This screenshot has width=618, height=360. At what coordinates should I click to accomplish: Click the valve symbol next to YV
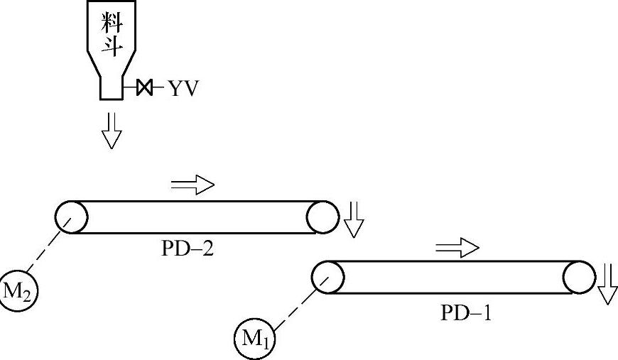(145, 88)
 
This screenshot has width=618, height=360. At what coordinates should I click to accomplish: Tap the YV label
(183, 89)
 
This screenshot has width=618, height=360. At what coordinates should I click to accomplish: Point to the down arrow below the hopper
(112, 129)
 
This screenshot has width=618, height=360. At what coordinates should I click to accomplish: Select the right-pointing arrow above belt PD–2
(193, 185)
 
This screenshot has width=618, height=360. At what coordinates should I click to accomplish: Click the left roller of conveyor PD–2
(71, 217)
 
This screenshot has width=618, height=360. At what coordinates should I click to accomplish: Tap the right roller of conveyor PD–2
(322, 217)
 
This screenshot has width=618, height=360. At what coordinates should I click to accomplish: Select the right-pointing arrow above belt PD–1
(457, 248)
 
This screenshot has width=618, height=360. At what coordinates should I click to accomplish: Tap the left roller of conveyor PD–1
(328, 276)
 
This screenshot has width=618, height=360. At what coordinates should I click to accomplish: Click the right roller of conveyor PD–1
(579, 276)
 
